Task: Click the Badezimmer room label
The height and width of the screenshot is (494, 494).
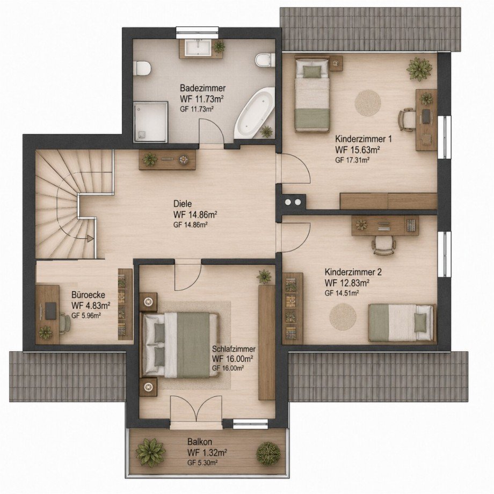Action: [202, 88]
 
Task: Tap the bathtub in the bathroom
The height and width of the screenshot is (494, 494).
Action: [254, 112]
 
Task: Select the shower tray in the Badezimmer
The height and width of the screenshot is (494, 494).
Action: [150, 121]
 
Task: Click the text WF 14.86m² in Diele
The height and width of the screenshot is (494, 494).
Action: [195, 215]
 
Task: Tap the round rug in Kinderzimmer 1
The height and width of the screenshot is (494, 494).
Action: [368, 103]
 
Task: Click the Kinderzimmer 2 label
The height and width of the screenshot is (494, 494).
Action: [353, 272]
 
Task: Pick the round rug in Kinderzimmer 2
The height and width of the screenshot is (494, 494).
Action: [343, 317]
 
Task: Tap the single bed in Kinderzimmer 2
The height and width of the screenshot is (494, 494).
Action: [402, 323]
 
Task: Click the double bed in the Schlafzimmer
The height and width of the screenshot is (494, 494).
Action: [180, 345]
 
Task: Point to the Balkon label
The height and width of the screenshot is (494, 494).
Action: [199, 441]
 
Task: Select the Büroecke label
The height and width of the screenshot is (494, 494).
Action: [88, 295]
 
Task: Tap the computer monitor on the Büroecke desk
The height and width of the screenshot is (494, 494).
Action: [51, 311]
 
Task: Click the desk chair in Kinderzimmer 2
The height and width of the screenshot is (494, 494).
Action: [383, 244]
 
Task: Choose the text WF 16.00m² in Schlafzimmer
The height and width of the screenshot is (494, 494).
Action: [233, 359]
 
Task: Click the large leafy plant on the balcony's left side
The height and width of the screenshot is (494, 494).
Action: [150, 453]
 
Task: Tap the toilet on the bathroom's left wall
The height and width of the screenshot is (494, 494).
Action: [141, 68]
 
